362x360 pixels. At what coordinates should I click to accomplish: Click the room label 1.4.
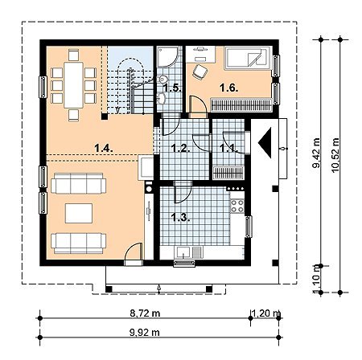104,148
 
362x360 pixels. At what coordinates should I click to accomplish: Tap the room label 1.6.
228,88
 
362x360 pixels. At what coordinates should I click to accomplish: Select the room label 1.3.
181,218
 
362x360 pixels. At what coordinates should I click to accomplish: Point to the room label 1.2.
181,148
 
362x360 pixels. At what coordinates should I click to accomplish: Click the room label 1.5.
172,88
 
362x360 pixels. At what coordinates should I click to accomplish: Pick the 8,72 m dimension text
145,313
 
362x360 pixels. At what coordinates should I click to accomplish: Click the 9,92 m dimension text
145,333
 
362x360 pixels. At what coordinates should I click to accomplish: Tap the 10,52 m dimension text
335,155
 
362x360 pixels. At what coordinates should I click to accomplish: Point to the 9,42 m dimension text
316,153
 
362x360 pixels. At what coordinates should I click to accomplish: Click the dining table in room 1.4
73,85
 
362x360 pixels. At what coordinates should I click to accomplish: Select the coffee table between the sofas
79,213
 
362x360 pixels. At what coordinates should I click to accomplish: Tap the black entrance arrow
265,143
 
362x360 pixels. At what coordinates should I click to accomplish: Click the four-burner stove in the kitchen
237,206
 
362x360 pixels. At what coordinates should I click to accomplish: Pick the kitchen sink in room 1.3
188,252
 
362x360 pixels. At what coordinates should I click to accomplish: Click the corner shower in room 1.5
167,56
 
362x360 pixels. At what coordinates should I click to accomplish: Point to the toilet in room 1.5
162,80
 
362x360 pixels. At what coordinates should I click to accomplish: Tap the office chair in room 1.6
200,72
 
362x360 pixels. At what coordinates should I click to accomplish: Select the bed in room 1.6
249,58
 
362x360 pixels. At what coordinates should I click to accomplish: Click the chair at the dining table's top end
73,55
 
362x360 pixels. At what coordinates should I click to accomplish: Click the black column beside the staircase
105,117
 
